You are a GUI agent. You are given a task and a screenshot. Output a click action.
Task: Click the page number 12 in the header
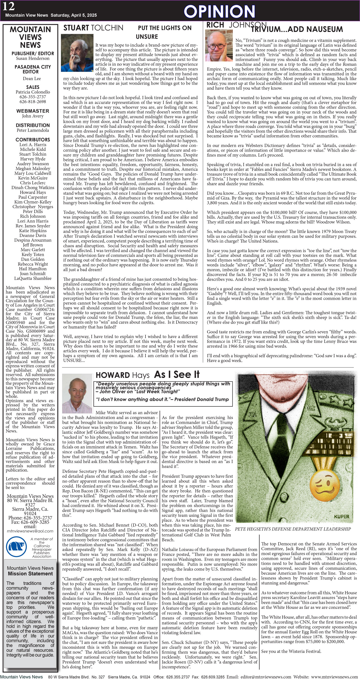pos(9,6)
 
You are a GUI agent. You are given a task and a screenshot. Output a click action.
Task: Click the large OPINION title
pos(219,11)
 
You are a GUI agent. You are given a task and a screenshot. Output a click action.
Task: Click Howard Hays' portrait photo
pos(77,393)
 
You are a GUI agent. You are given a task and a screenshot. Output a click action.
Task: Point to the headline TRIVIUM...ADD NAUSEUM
pos(297,29)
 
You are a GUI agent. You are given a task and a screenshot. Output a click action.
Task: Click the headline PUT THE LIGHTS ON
pos(165,28)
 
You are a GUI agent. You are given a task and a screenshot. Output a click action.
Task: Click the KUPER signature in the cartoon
pos(341,517)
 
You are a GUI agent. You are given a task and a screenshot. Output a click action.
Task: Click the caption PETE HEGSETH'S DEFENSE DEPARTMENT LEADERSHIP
pos(293,529)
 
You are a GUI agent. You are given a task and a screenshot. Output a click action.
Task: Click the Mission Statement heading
pos(30,573)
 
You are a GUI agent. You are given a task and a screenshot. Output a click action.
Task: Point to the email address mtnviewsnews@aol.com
pos(30,531)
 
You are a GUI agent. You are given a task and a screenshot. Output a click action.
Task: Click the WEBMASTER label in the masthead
pos(33,111)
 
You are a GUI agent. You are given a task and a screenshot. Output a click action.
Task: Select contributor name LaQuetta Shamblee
pos(33,278)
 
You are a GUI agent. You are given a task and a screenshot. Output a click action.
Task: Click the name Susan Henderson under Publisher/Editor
pos(33,58)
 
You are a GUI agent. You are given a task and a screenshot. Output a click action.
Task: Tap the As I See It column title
pos(177,374)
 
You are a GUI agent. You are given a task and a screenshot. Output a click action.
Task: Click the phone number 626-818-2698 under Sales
pos(33,101)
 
